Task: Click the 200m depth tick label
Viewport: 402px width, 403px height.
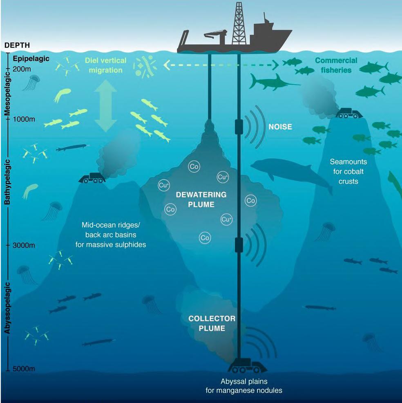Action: pos(22,69)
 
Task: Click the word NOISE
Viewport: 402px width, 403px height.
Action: pos(280,127)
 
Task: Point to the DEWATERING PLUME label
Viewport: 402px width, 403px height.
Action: pos(195,199)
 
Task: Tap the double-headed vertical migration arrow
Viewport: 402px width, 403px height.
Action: pos(105,106)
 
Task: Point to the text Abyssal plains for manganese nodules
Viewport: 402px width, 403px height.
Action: pos(243,386)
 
